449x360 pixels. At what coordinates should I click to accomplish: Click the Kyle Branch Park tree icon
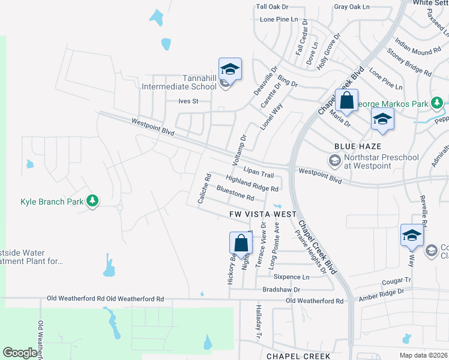tap(92, 201)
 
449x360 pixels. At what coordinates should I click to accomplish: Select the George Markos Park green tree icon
tap(438, 104)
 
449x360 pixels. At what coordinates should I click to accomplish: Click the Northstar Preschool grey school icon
tap(334, 160)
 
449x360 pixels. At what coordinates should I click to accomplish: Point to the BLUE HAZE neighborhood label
tap(358, 146)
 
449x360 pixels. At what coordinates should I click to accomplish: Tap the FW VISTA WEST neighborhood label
tap(262, 214)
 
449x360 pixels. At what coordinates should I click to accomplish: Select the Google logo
tap(20, 353)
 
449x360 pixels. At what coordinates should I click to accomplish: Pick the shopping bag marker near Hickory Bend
tap(241, 244)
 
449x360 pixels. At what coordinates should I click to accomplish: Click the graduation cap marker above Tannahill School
tap(230, 70)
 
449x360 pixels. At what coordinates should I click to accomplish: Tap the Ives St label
tap(188, 101)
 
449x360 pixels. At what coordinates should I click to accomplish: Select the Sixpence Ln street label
tap(291, 277)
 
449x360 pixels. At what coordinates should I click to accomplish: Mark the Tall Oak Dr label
tap(272, 7)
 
